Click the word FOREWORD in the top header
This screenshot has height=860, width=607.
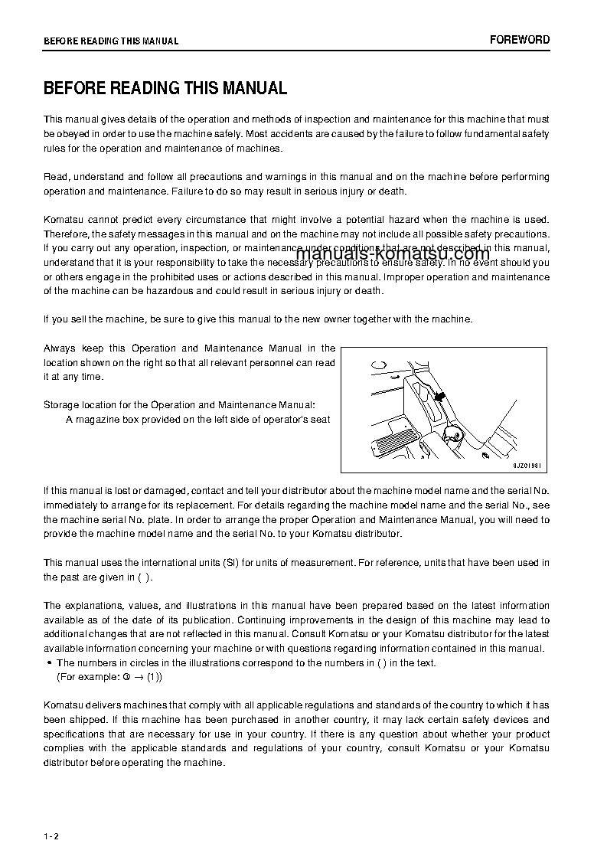tap(520, 40)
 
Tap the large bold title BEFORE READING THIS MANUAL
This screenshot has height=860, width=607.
tap(165, 88)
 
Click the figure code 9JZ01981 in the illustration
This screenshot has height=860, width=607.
tap(530, 465)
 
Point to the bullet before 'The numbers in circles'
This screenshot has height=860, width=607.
tap(49, 663)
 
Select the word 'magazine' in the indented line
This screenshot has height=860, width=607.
tap(94, 419)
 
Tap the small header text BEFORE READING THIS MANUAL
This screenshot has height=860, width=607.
tap(111, 41)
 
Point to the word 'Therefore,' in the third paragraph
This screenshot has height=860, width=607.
tap(67, 234)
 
